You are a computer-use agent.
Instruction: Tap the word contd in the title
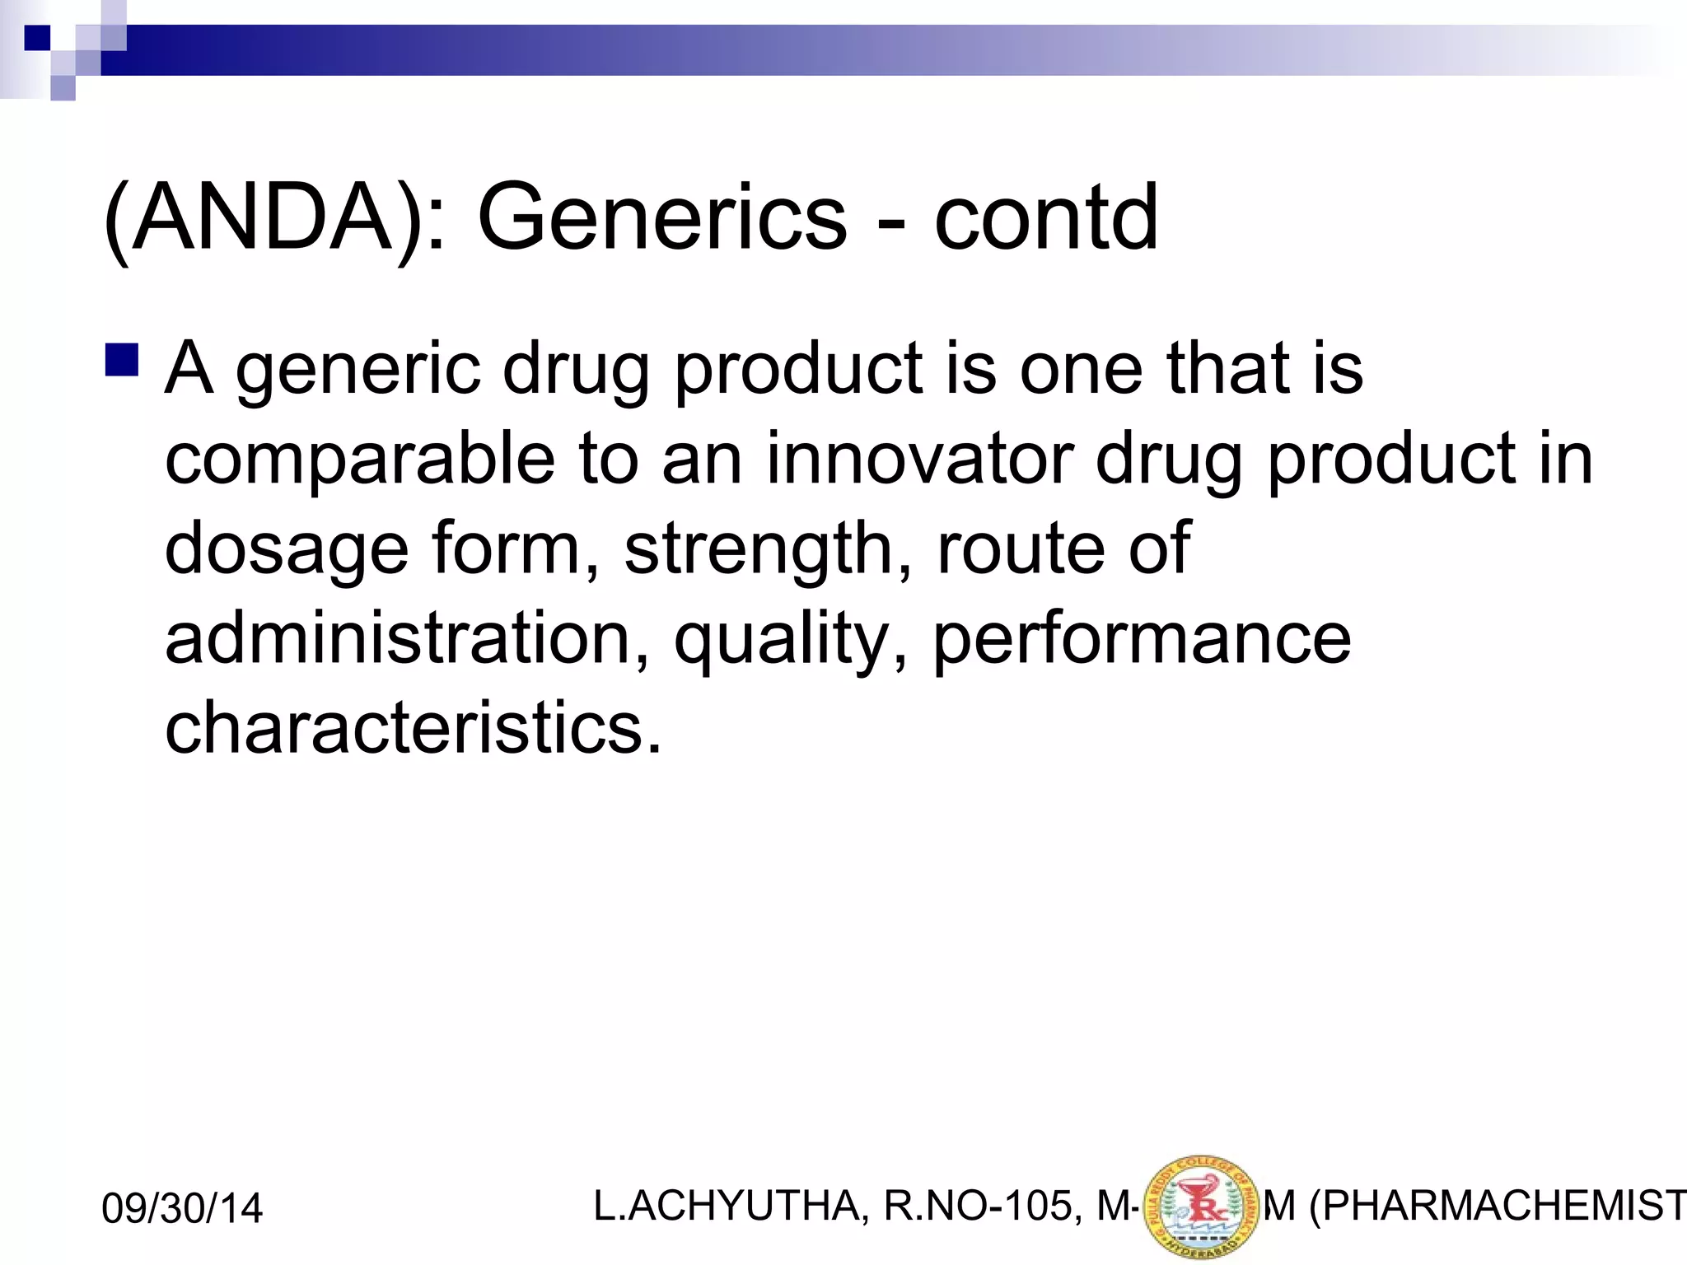tap(1046, 219)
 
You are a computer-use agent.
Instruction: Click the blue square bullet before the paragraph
tap(122, 361)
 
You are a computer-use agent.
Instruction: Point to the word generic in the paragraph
tap(357, 371)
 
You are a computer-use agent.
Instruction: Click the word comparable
tap(360, 460)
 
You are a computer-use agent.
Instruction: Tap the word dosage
tap(286, 550)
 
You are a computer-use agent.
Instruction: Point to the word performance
tap(1142, 641)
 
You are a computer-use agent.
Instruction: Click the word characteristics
tap(413, 728)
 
